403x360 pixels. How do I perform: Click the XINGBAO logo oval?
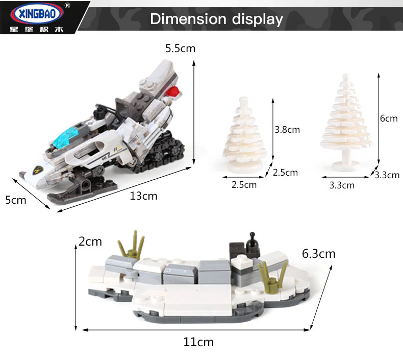[37, 13]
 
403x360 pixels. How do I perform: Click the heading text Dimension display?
[216, 19]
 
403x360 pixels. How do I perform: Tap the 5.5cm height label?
[181, 49]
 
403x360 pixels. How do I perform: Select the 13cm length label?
[143, 196]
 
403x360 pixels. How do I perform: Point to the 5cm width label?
[16, 200]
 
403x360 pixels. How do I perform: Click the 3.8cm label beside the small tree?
[287, 130]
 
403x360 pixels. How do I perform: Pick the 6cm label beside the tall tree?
[389, 118]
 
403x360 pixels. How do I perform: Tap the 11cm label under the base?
[198, 342]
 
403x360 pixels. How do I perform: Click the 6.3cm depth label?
[319, 254]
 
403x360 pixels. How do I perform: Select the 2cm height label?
[90, 242]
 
